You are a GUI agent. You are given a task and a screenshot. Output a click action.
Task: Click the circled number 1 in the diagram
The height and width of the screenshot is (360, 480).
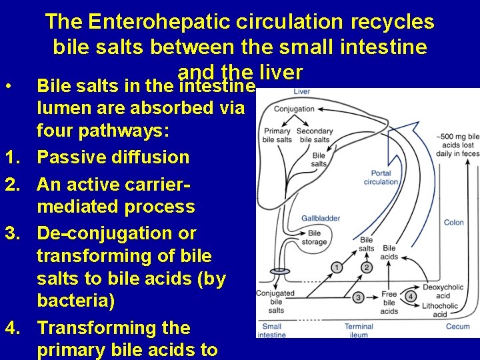[x=337, y=267]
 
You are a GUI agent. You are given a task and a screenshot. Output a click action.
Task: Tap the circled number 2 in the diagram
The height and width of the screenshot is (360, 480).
[x=367, y=267]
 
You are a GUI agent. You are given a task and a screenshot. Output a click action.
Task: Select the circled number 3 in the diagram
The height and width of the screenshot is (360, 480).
[x=359, y=297]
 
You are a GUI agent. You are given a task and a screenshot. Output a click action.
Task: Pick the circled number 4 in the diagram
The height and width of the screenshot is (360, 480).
[x=411, y=296]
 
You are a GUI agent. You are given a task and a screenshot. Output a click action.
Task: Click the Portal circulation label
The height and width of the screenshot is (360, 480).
[x=381, y=177]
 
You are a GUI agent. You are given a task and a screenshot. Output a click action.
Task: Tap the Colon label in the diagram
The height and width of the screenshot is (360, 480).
[x=454, y=223]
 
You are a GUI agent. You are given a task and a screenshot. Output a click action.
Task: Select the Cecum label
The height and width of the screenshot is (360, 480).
[x=457, y=327]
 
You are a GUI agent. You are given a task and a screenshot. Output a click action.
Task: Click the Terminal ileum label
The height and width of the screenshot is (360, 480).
[x=359, y=330]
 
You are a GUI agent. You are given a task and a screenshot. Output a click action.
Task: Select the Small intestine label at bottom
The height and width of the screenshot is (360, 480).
[x=272, y=330]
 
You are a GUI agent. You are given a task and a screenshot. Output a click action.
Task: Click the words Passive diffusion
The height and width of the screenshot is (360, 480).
[x=113, y=157]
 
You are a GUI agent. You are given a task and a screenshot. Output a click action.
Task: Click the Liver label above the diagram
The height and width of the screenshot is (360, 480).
[x=302, y=91]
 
